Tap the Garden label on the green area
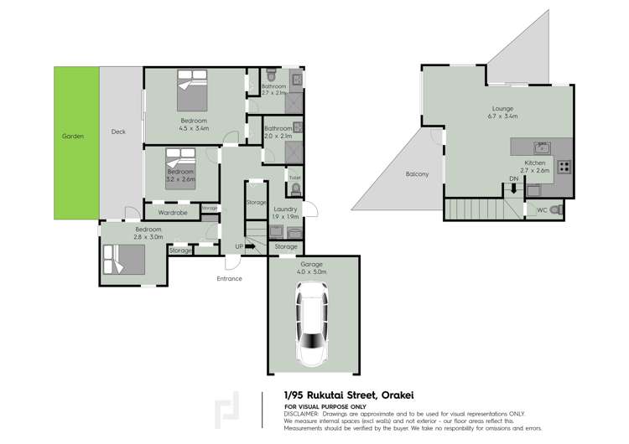click(x=72, y=136)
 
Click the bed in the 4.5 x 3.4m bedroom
click(x=193, y=90)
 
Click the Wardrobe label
click(x=172, y=213)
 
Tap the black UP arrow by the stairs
click(x=250, y=246)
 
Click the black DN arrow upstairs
click(x=513, y=188)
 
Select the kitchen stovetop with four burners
click(x=564, y=166)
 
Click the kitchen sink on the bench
click(x=542, y=146)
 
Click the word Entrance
click(x=229, y=279)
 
